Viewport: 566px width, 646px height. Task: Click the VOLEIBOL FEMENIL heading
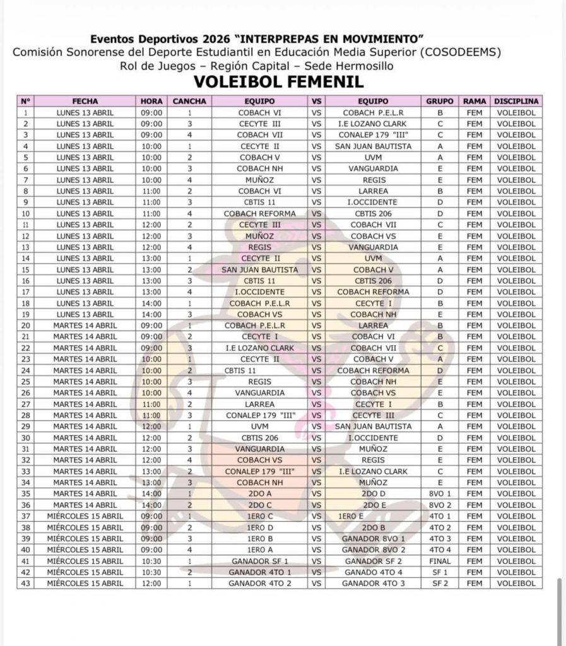pyautogui.click(x=278, y=81)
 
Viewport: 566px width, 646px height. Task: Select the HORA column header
pyautogui.click(x=151, y=101)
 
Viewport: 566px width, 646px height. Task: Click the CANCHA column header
pyautogui.click(x=189, y=101)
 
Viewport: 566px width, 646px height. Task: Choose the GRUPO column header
pyautogui.click(x=440, y=101)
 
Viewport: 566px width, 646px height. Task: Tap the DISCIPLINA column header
pyautogui.click(x=516, y=101)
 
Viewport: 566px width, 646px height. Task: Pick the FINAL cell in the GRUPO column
pyautogui.click(x=440, y=561)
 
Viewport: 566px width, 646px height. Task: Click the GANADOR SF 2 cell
pyautogui.click(x=373, y=561)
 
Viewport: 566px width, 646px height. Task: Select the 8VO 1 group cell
pyautogui.click(x=440, y=494)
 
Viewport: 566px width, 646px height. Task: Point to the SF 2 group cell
pyautogui.click(x=440, y=584)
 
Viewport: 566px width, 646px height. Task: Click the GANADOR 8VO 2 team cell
pyautogui.click(x=373, y=550)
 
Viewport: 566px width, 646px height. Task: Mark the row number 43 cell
pyautogui.click(x=25, y=584)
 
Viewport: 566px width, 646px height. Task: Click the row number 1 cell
pyautogui.click(x=25, y=113)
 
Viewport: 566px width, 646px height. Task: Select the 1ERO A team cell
pyautogui.click(x=260, y=550)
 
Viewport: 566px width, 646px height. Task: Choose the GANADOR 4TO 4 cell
pyautogui.click(x=373, y=572)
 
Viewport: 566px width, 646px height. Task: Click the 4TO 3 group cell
pyautogui.click(x=440, y=539)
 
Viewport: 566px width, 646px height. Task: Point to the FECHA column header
pyautogui.click(x=85, y=101)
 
